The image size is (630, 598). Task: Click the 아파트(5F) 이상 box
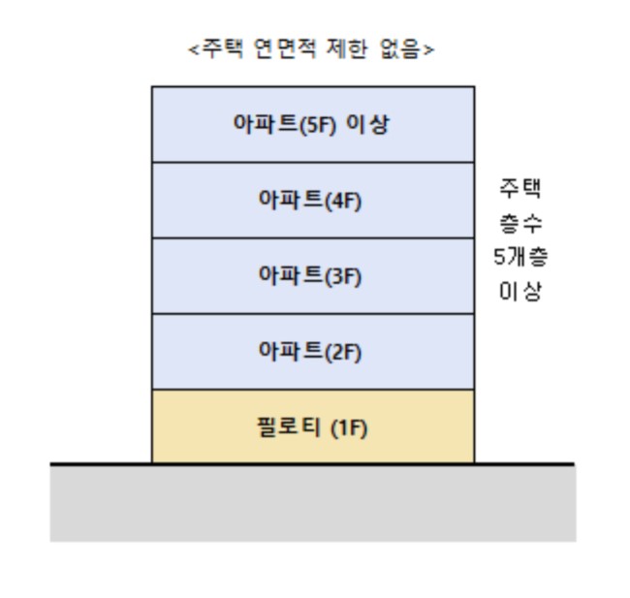click(313, 124)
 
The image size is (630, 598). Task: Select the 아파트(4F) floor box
click(313, 201)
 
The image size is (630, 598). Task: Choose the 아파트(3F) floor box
click(313, 276)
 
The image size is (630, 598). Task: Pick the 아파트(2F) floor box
click(313, 352)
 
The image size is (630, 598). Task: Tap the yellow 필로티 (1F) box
click(313, 427)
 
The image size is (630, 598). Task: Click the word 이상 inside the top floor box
click(370, 124)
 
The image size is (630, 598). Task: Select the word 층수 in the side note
click(519, 222)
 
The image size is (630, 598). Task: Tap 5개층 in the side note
click(519, 257)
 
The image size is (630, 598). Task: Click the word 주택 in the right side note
click(519, 187)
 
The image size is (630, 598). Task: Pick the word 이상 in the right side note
click(519, 292)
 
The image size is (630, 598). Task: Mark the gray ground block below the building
click(313, 504)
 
